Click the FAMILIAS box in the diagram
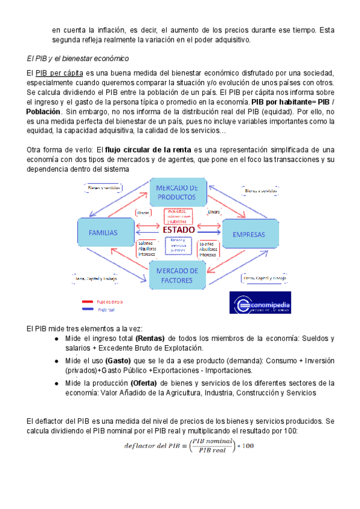coord(103,232)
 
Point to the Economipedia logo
coord(260,303)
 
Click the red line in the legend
coord(87,301)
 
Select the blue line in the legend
coord(87,310)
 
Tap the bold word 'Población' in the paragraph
coord(44,112)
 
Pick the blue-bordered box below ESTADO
coord(178,245)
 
